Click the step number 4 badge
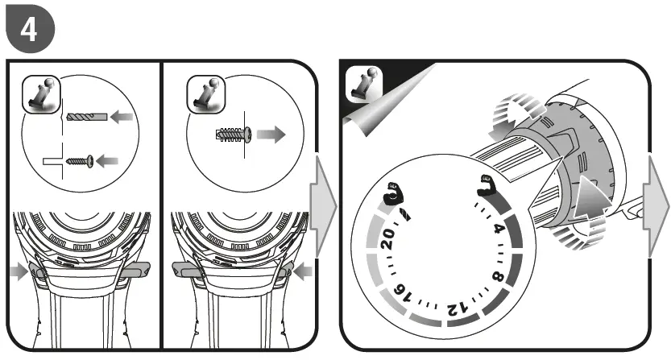(30, 29)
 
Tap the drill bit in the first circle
(87, 117)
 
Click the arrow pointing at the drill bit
(122, 117)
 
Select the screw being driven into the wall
(80, 161)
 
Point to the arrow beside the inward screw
(107, 161)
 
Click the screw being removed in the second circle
(234, 134)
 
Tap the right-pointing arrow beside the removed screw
(271, 134)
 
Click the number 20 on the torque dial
(387, 239)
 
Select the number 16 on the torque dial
(401, 294)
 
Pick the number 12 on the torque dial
(457, 308)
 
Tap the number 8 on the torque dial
(499, 277)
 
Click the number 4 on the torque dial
(498, 229)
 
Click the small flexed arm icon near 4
(487, 185)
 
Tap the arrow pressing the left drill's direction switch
(19, 272)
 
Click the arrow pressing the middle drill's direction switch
(303, 272)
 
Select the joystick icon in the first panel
(41, 94)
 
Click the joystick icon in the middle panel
(206, 94)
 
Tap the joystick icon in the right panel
(364, 85)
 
